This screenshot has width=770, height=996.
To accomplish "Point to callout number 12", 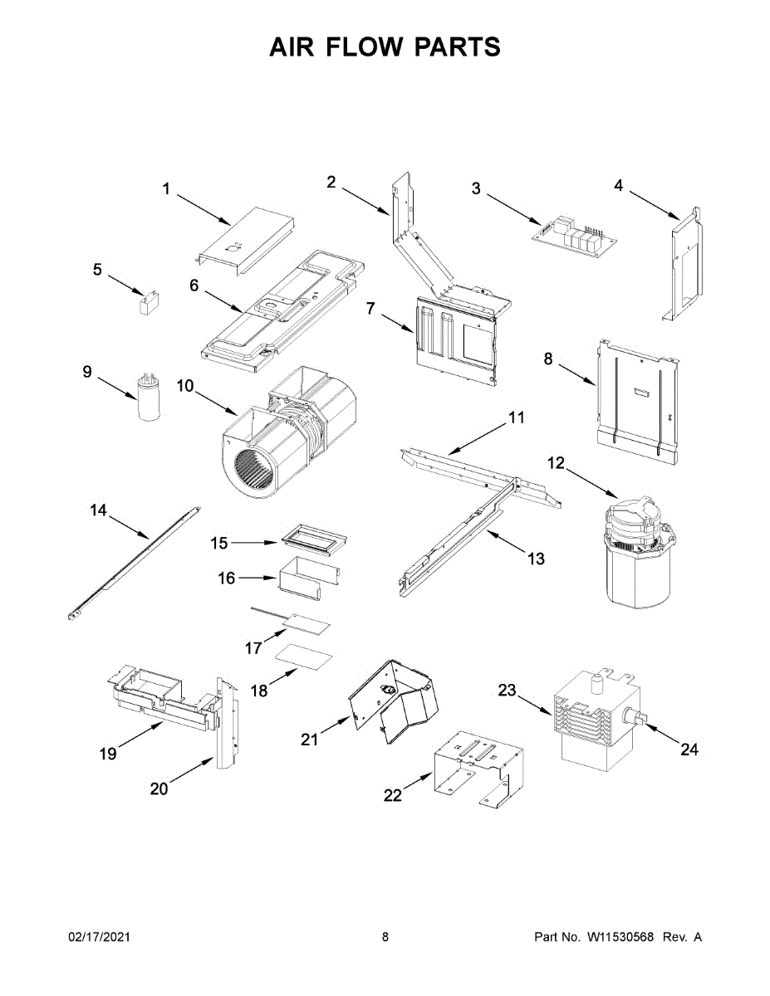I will [555, 463].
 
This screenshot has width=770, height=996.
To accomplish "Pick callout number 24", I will [689, 749].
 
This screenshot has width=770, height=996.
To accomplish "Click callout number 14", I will [99, 510].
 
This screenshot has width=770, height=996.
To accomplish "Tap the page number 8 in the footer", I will [385, 937].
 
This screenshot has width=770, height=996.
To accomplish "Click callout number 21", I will [309, 739].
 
